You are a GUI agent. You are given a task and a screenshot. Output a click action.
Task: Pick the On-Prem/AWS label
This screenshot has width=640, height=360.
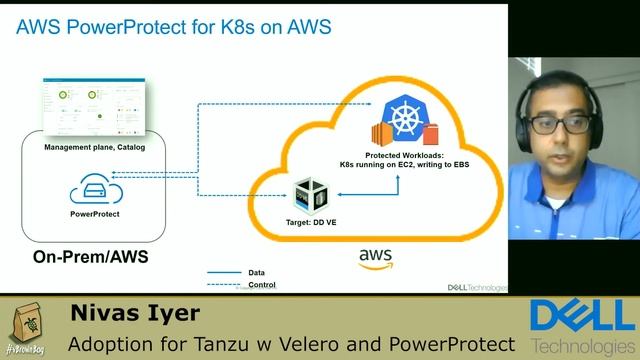(90, 257)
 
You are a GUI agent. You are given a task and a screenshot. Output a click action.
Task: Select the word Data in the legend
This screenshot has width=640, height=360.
(257, 271)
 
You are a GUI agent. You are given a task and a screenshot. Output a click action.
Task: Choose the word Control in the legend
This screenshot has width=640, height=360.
(261, 285)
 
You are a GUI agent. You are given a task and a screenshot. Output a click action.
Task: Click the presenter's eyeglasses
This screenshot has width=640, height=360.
(556, 123)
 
